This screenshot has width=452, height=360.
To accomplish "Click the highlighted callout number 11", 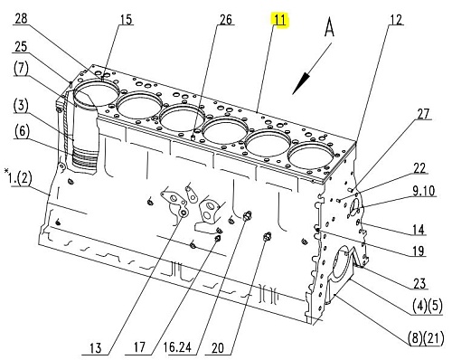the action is point(280,20).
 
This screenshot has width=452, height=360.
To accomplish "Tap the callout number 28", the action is point(21,19).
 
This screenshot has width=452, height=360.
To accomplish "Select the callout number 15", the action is point(127,19).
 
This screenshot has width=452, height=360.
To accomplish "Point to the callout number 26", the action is point(226,19).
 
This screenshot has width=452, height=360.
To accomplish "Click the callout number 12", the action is point(396,20).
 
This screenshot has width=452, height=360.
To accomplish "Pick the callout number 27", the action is point(423,114).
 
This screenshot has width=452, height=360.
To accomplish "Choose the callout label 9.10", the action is point(423,191).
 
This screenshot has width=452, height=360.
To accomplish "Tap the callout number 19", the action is point(419,251).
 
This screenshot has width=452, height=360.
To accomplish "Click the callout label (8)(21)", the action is point(426,337).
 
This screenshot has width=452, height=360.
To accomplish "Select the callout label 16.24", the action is point(177,347).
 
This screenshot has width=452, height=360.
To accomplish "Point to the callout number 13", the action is point(96,348).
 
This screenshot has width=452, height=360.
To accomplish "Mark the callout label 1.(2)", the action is point(19,178).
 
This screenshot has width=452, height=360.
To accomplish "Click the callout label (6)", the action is point(22,132).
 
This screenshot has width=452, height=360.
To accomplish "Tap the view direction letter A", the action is point(329,27).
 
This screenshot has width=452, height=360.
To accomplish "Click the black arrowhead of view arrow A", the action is point(301,83).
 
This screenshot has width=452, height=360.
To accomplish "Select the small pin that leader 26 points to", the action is point(194,137).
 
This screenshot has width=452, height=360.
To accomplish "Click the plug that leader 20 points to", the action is point(267,237).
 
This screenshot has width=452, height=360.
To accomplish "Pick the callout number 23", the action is point(419,283).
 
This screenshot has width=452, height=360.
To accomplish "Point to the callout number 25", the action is point(21,47).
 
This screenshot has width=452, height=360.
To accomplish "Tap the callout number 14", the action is point(419,230).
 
